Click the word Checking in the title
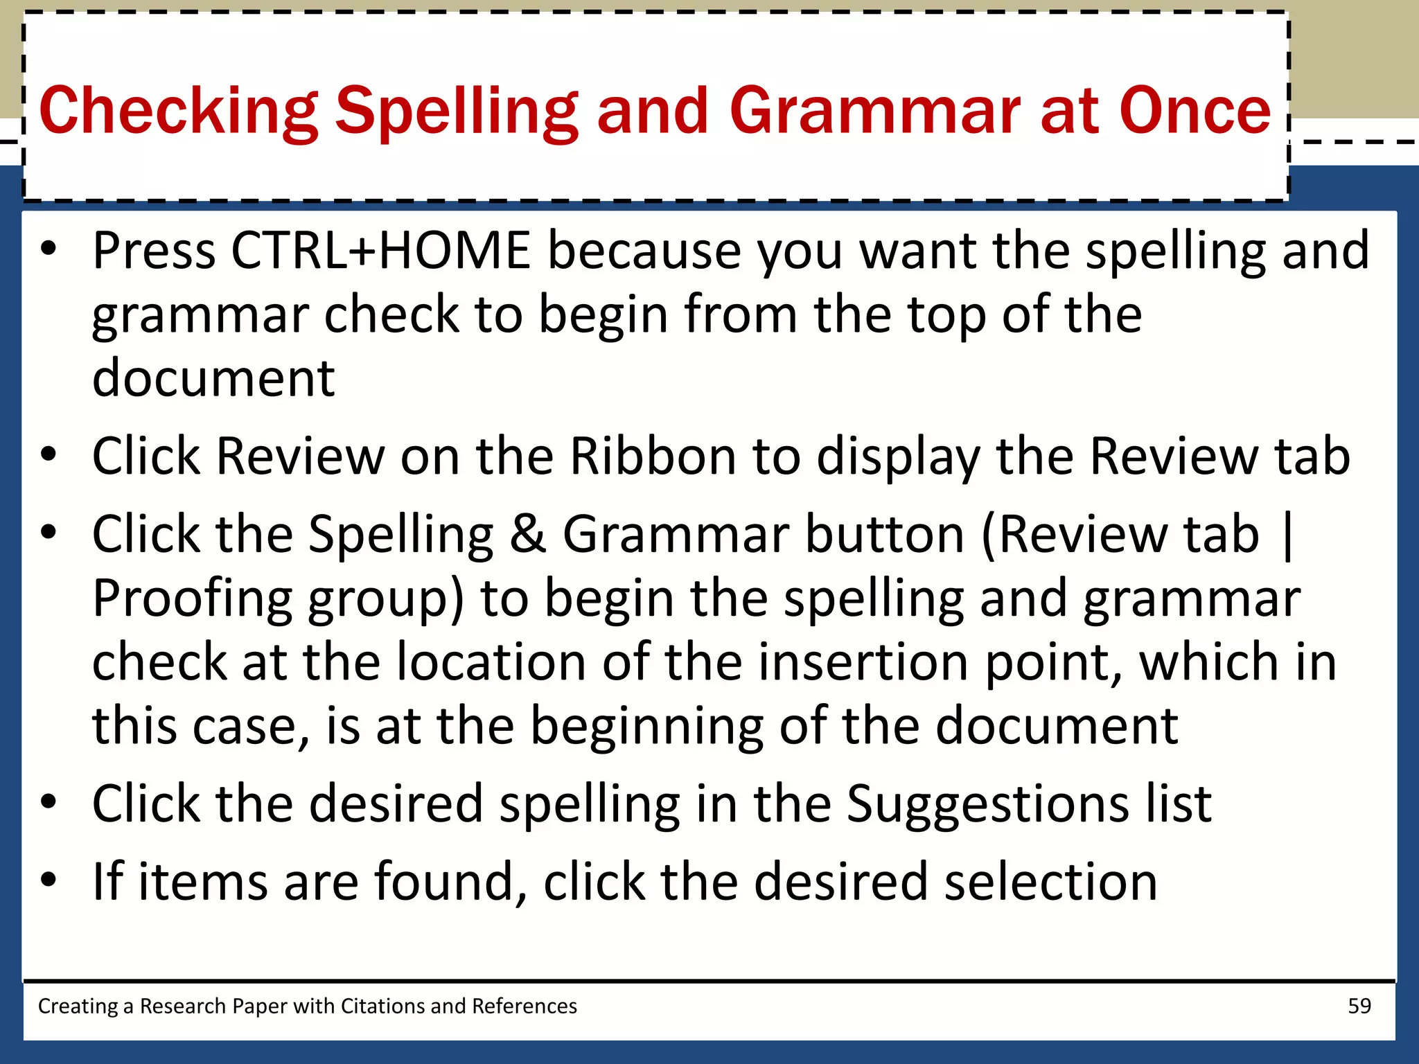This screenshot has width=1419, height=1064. [178, 111]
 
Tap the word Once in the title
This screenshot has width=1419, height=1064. [1195, 111]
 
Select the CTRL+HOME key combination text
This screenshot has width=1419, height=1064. [380, 250]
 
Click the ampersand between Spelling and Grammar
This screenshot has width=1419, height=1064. [528, 534]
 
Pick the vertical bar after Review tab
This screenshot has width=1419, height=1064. [1288, 534]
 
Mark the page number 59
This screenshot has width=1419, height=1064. [1359, 1006]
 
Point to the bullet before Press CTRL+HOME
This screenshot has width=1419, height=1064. [49, 250]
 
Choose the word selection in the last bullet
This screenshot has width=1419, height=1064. [1050, 881]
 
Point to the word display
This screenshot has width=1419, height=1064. [899, 458]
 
